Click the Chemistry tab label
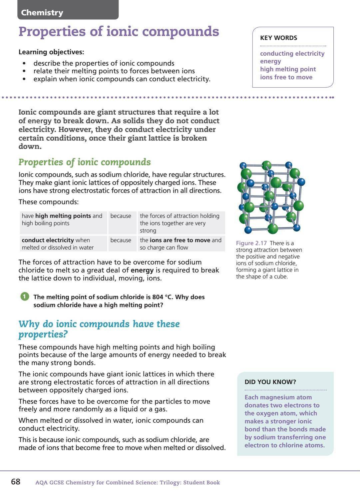click(42, 13)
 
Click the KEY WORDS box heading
click(278, 38)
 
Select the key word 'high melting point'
click(288, 69)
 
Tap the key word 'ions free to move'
click(286, 77)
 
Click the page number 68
click(16, 482)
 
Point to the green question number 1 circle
click(25, 296)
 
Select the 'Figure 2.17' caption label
click(251, 243)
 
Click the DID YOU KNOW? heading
click(270, 382)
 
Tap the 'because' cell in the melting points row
click(121, 216)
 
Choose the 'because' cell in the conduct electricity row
click(121, 240)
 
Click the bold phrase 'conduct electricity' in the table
click(48, 240)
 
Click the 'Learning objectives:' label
click(51, 52)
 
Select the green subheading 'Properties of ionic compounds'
click(85, 162)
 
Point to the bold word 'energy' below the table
click(142, 270)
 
